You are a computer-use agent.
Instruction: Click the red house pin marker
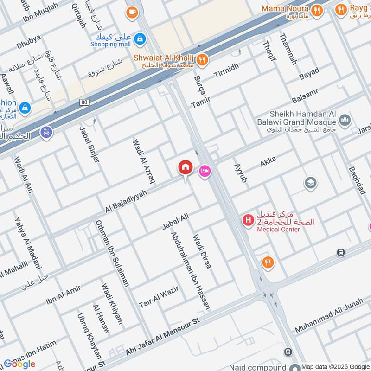(x=185, y=167)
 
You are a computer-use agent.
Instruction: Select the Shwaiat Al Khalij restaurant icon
(x=202, y=59)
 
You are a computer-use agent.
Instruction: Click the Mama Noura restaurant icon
(x=317, y=10)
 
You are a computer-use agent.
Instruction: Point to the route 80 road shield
(x=84, y=102)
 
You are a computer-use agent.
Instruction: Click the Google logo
(x=19, y=364)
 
